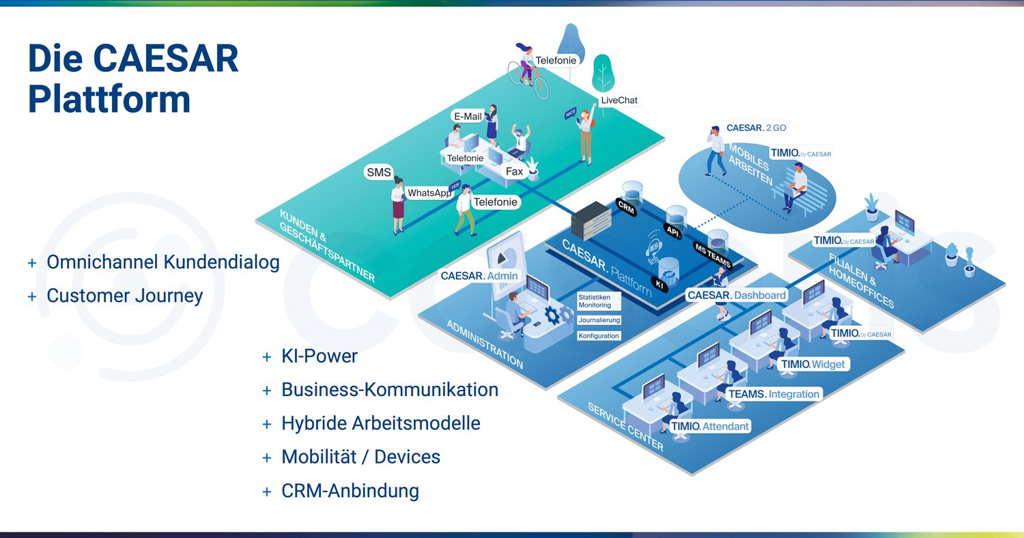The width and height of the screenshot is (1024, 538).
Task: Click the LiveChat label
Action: tap(619, 100)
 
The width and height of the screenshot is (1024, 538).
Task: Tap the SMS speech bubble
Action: tap(379, 172)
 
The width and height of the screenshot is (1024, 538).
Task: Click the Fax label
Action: tap(514, 171)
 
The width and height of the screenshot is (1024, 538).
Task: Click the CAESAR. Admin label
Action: tap(479, 276)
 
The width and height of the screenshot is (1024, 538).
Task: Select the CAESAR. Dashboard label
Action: tap(737, 296)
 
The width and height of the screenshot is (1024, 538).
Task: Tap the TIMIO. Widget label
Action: tap(813, 364)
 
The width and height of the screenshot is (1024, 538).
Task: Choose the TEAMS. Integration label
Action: tap(773, 394)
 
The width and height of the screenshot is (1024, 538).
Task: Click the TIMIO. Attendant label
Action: tap(710, 426)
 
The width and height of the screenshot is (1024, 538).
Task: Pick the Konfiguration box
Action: tap(599, 335)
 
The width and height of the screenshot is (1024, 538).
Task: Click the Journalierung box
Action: tap(599, 320)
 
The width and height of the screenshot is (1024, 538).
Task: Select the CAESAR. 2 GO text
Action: tap(756, 128)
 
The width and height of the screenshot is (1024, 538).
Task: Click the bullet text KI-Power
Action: tap(319, 356)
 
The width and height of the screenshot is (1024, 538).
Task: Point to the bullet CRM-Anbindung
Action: tap(350, 491)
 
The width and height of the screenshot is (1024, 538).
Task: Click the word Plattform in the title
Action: tap(109, 100)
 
